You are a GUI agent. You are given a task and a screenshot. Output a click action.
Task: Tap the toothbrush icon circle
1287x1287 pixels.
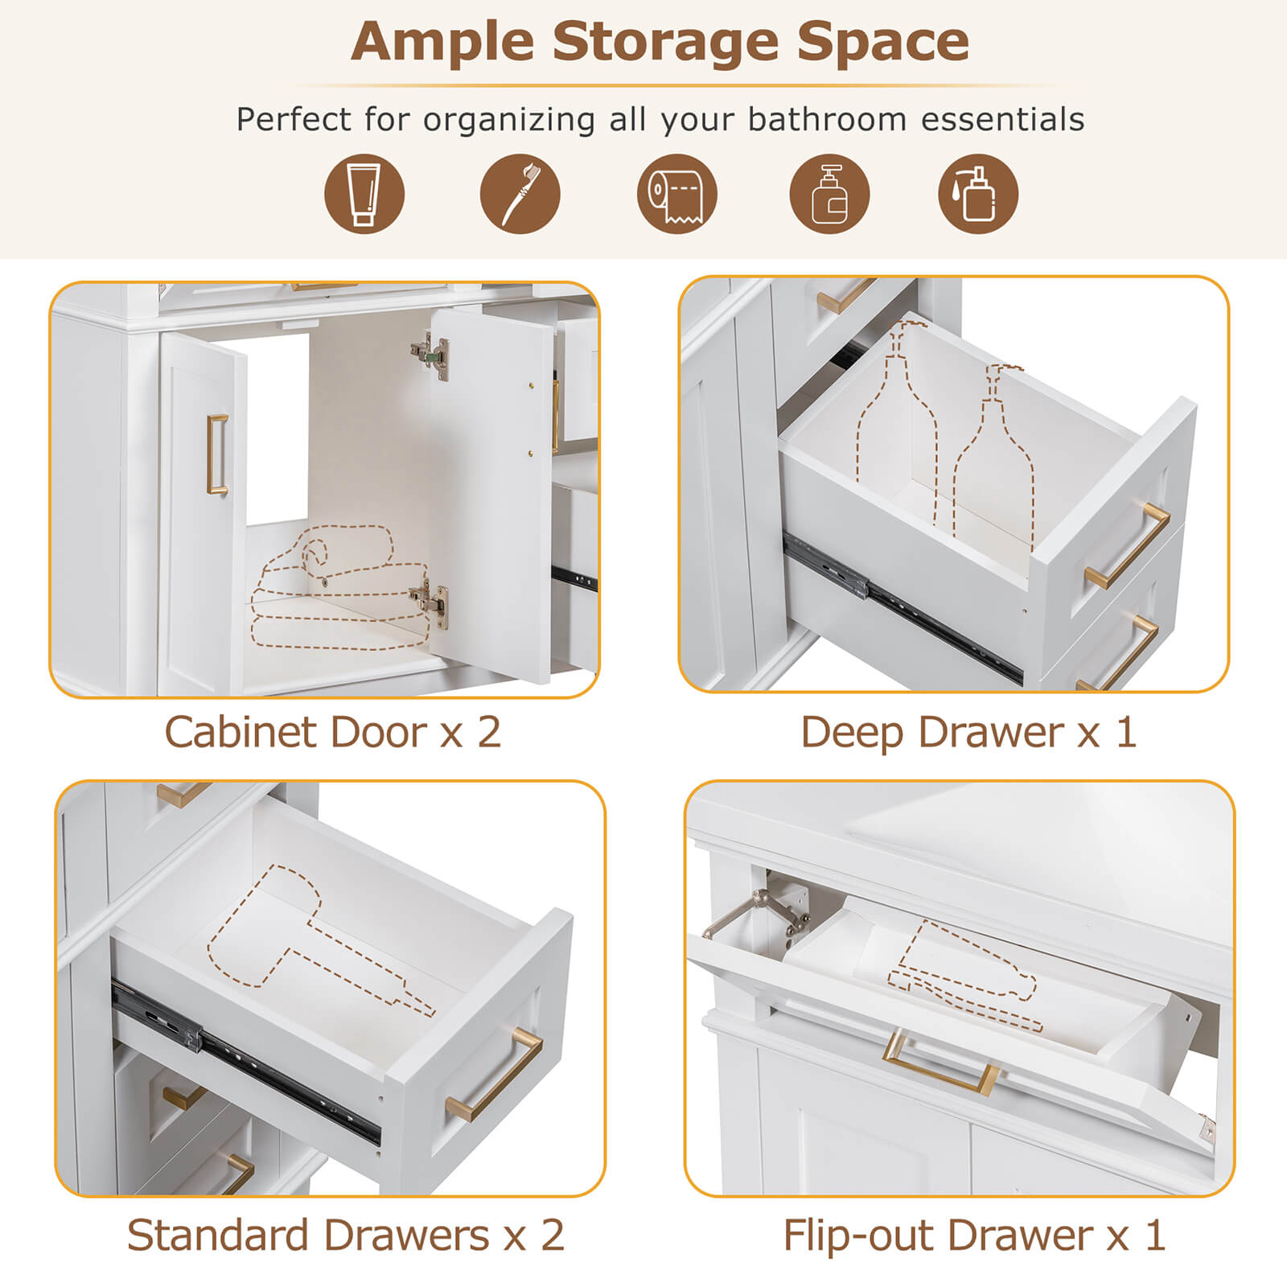tap(520, 194)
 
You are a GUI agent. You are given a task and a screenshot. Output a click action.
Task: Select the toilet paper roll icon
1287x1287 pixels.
tap(676, 194)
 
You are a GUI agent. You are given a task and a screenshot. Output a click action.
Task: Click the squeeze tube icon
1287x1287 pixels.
tap(364, 194)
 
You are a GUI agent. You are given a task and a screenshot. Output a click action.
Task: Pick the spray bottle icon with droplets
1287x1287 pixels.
tap(977, 194)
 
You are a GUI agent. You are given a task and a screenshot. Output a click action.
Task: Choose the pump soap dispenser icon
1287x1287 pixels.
tap(829, 194)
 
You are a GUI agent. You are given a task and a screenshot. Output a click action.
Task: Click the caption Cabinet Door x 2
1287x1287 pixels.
tap(333, 732)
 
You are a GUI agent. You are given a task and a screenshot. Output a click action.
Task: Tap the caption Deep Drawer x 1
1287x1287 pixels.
tap(968, 732)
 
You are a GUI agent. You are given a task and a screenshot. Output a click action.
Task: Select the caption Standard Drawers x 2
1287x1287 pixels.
tap(345, 1235)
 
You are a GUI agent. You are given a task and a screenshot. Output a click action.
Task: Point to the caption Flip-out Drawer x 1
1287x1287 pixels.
tap(974, 1235)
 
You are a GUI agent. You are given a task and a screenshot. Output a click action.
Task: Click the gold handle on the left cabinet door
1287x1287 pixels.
tap(217, 454)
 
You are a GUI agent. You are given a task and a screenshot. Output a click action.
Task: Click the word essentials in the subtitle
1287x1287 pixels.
tap(1002, 119)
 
